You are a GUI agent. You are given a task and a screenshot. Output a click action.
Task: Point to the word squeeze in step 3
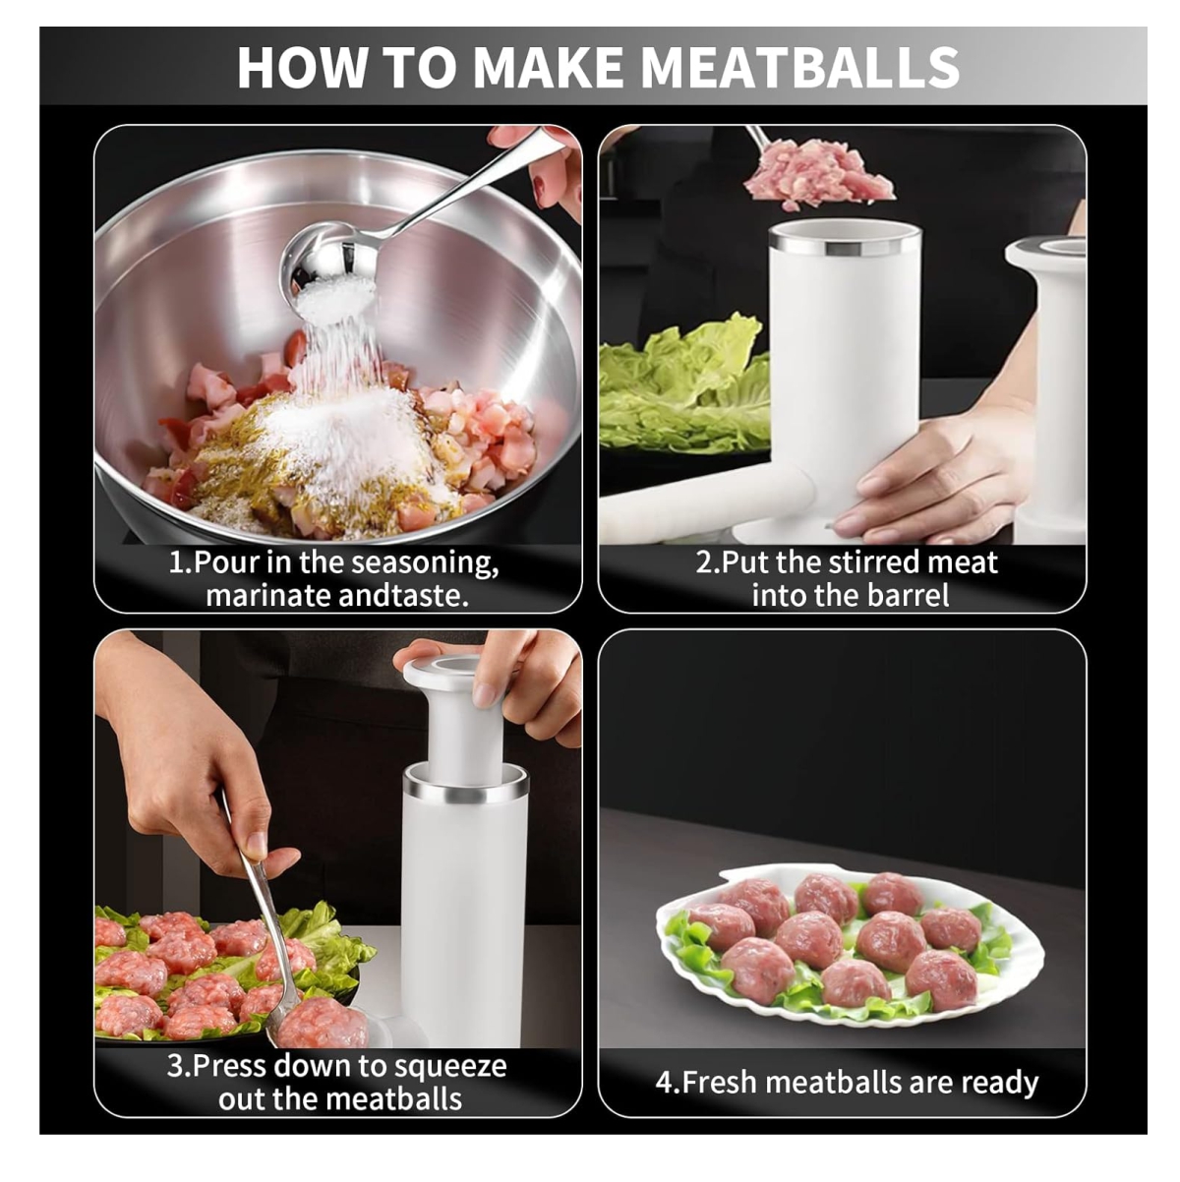[x=449, y=1067]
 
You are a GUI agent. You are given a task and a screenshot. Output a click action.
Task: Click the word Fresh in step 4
[x=719, y=1082]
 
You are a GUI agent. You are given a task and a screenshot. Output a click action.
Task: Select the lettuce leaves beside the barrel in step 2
[x=683, y=385]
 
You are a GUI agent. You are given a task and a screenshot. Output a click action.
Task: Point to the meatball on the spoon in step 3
[x=323, y=1023]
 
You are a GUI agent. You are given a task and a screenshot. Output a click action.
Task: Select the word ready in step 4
[x=1000, y=1083]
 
